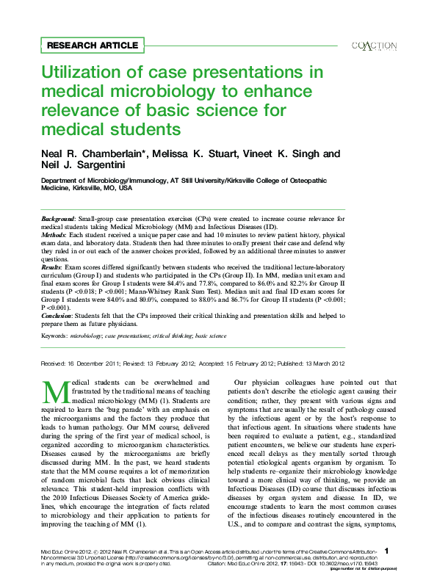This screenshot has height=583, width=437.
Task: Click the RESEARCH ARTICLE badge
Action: [92, 46]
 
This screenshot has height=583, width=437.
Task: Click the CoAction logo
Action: [375, 46]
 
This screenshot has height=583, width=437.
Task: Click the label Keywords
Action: [54, 335]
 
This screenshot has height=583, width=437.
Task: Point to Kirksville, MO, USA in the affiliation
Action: [103, 188]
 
